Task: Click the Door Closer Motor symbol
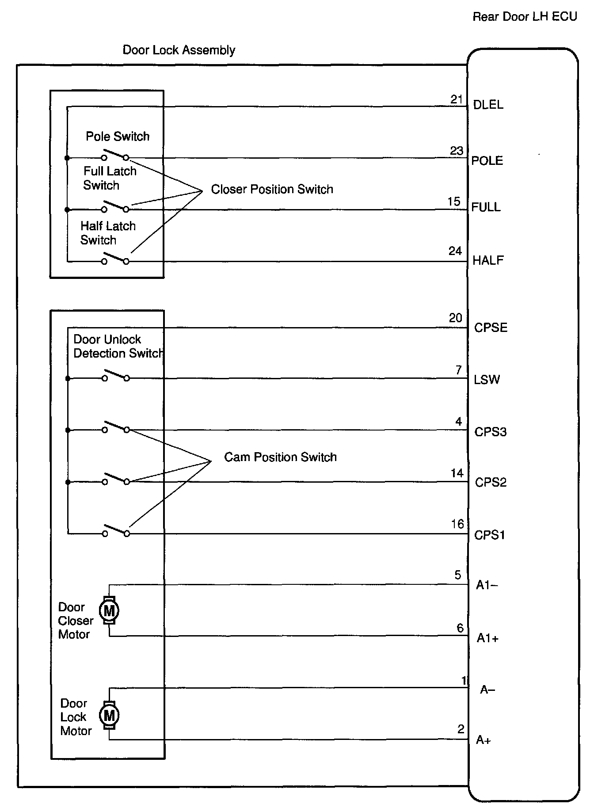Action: point(109,610)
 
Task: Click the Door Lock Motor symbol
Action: point(109,715)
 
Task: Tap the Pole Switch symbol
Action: point(115,156)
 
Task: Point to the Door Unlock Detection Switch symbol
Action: point(116,376)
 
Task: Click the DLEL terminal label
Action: point(488,105)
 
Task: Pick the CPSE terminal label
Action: point(491,328)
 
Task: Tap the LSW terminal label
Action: point(487,380)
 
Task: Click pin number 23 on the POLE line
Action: point(457,151)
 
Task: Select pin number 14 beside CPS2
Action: point(457,473)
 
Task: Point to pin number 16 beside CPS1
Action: point(457,524)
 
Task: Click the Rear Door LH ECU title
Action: point(525,17)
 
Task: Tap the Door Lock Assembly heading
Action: point(179,50)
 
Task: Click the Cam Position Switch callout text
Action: point(280,457)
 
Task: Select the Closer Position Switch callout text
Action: point(272,189)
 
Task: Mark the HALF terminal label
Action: point(488,260)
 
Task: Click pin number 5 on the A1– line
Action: point(458,575)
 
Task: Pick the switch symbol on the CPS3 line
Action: point(116,427)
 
